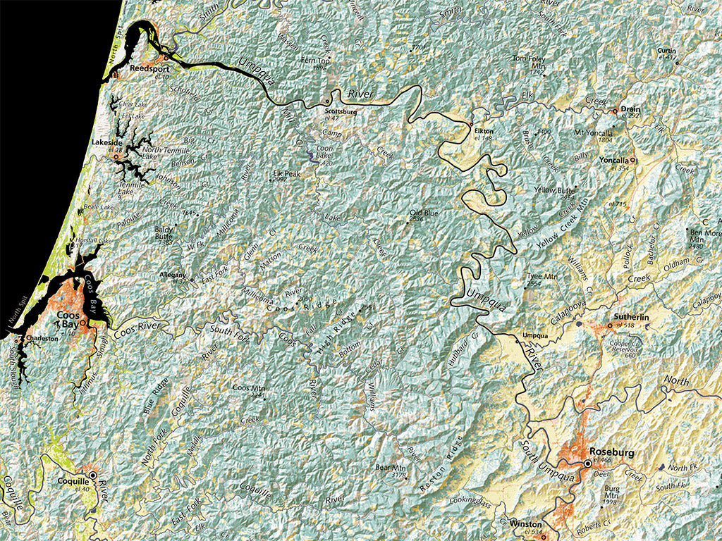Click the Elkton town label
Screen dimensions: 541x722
coord(484,131)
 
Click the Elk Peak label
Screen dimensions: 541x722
coord(287,173)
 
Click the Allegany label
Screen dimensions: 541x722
coord(173,274)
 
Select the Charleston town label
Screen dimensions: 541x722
coord(42,339)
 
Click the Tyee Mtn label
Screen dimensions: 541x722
coord(541,277)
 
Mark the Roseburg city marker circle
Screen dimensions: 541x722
coord(587,464)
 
